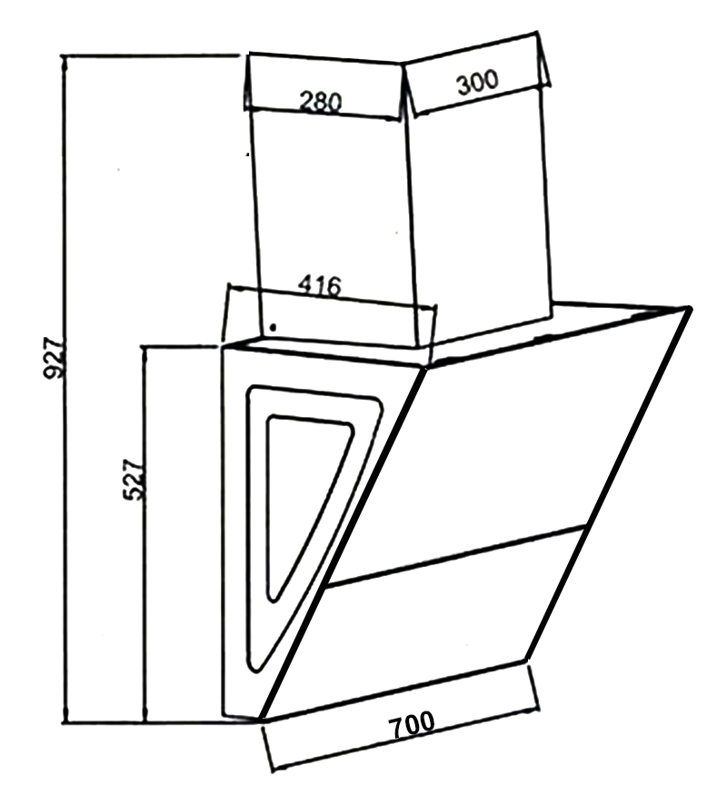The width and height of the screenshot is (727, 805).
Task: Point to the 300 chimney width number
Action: [x=477, y=84]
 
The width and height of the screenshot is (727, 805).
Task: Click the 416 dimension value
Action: [x=320, y=287]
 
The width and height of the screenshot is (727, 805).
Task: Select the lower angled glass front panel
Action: [x=436, y=636]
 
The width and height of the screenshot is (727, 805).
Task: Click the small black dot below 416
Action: [x=274, y=327]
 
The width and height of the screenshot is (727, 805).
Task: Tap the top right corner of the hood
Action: [x=690, y=309]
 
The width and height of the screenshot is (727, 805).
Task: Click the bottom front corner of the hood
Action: [x=262, y=720]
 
